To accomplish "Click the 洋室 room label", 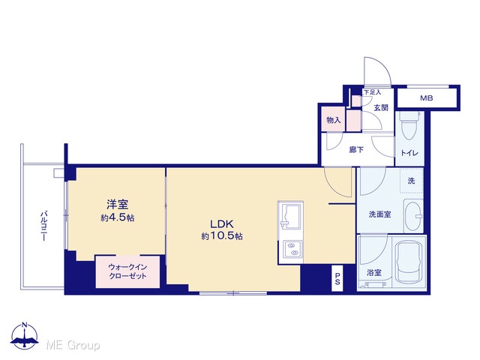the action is point(117,205).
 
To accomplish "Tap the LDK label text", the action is point(222,224).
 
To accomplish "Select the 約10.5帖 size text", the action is point(222,236).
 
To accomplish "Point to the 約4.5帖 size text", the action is point(118,217).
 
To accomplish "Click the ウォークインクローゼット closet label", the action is point(127,271).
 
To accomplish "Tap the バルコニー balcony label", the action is point(43,226).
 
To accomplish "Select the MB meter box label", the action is point(427,98).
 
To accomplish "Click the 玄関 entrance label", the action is point(381,108).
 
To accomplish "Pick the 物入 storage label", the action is point(333,120).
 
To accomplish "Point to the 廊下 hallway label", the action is point(357,150).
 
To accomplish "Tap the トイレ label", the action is point(409,153).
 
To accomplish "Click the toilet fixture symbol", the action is point(410,125).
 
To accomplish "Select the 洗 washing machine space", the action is point(412,181).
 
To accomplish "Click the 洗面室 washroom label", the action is point(380,214).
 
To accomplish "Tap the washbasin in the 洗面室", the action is point(413,216).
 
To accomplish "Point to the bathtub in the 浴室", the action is point(409,262).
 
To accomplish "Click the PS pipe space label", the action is point(337,279).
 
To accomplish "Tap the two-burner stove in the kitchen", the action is point(292,249).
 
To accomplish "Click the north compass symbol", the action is point(25,335).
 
